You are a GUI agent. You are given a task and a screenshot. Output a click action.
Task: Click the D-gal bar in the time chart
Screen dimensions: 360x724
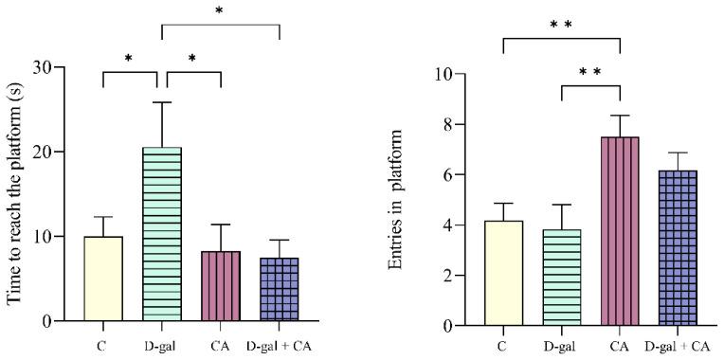click(x=161, y=234)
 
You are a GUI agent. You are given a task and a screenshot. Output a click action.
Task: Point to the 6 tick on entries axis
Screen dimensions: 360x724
click(x=468, y=174)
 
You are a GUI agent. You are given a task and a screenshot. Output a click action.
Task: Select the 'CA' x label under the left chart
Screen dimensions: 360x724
click(x=220, y=342)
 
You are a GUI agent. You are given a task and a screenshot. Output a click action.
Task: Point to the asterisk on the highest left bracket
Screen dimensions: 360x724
click(x=220, y=11)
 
